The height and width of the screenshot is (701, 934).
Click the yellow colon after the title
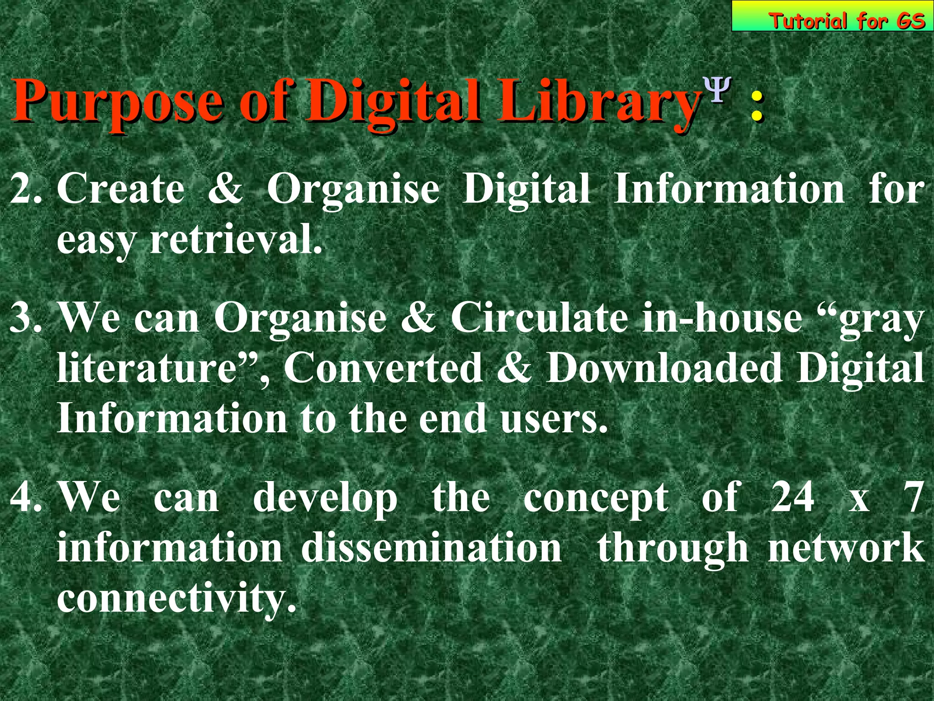point(757,106)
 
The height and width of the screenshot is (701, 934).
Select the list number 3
point(26,318)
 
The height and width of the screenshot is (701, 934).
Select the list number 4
point(26,497)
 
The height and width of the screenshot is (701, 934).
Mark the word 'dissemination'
point(431,548)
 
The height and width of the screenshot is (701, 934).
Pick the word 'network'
point(846,548)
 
